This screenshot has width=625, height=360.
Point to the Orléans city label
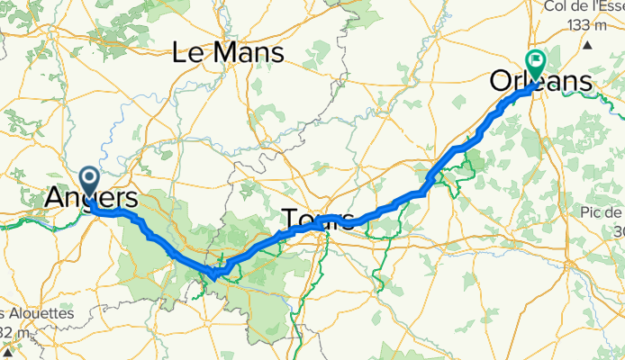[x=541, y=82]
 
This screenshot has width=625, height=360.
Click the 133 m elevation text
[x=587, y=25]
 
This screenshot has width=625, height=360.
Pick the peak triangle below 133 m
[x=588, y=43]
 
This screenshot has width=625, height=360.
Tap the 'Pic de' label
[x=601, y=211]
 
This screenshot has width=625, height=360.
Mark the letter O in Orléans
[x=501, y=82]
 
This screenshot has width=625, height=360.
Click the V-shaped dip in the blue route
[x=215, y=270]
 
